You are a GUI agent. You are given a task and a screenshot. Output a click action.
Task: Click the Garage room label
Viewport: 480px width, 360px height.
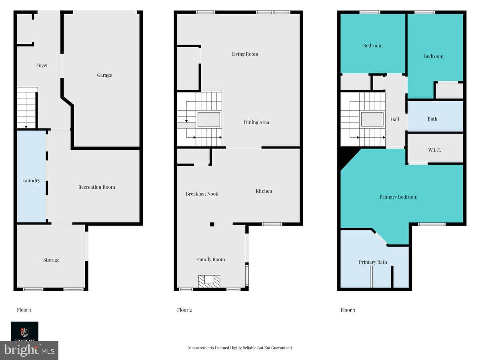104,75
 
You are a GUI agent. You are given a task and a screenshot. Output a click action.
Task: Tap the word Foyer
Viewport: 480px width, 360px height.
42,65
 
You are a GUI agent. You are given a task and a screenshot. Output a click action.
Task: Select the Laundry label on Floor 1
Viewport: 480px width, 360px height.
31,180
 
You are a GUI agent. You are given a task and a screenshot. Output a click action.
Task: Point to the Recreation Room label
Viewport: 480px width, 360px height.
96,187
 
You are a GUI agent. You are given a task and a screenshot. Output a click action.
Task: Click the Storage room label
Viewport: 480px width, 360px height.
51,260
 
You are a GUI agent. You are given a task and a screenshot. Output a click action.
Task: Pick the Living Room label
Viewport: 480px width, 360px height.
245,54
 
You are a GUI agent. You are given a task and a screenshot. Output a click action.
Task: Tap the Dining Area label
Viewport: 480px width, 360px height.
256,122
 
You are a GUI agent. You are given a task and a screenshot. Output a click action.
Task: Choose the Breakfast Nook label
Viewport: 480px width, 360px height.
202,194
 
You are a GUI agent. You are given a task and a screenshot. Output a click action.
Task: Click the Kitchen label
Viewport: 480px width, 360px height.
264,191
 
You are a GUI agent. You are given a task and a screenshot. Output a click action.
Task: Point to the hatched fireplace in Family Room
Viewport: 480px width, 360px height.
209,281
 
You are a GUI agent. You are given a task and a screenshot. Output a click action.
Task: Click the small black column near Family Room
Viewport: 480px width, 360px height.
212,224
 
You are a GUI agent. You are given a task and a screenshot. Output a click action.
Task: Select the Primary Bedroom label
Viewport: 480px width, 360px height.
398,197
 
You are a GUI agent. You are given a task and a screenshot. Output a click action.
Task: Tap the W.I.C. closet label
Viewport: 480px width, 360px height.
434,150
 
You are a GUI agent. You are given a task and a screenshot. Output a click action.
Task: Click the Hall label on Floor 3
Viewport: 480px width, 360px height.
394,119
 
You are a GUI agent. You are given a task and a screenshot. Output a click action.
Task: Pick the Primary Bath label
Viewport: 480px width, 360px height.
373,262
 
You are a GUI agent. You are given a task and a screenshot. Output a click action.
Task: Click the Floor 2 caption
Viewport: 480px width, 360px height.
184,310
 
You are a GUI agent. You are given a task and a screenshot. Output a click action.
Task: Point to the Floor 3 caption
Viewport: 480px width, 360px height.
348,310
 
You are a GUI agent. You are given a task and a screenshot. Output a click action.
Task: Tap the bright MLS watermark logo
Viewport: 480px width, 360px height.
29,350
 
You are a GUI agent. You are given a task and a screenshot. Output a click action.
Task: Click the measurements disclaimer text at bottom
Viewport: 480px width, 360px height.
240,348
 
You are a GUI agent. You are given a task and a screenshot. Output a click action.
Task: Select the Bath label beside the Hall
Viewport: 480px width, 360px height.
432,119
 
